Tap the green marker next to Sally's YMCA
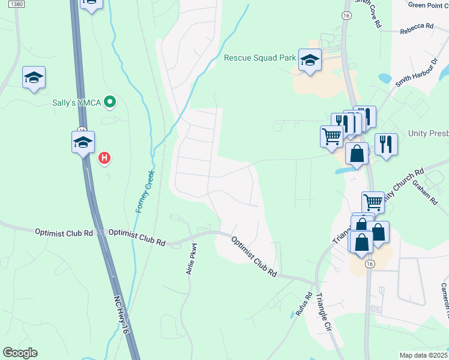[x=109, y=103]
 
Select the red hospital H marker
[x=104, y=158]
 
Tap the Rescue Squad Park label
[x=260, y=58]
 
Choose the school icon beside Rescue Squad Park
[x=310, y=61]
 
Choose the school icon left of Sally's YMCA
[x=34, y=77]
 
